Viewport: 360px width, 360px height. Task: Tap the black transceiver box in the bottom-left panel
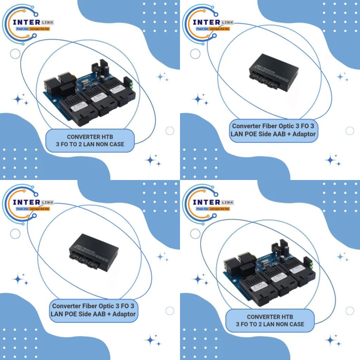[94, 251]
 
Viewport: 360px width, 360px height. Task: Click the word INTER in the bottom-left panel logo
[26, 202]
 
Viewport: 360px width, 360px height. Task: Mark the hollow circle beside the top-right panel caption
[349, 131]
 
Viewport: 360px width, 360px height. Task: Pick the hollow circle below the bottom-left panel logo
[15, 234]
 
